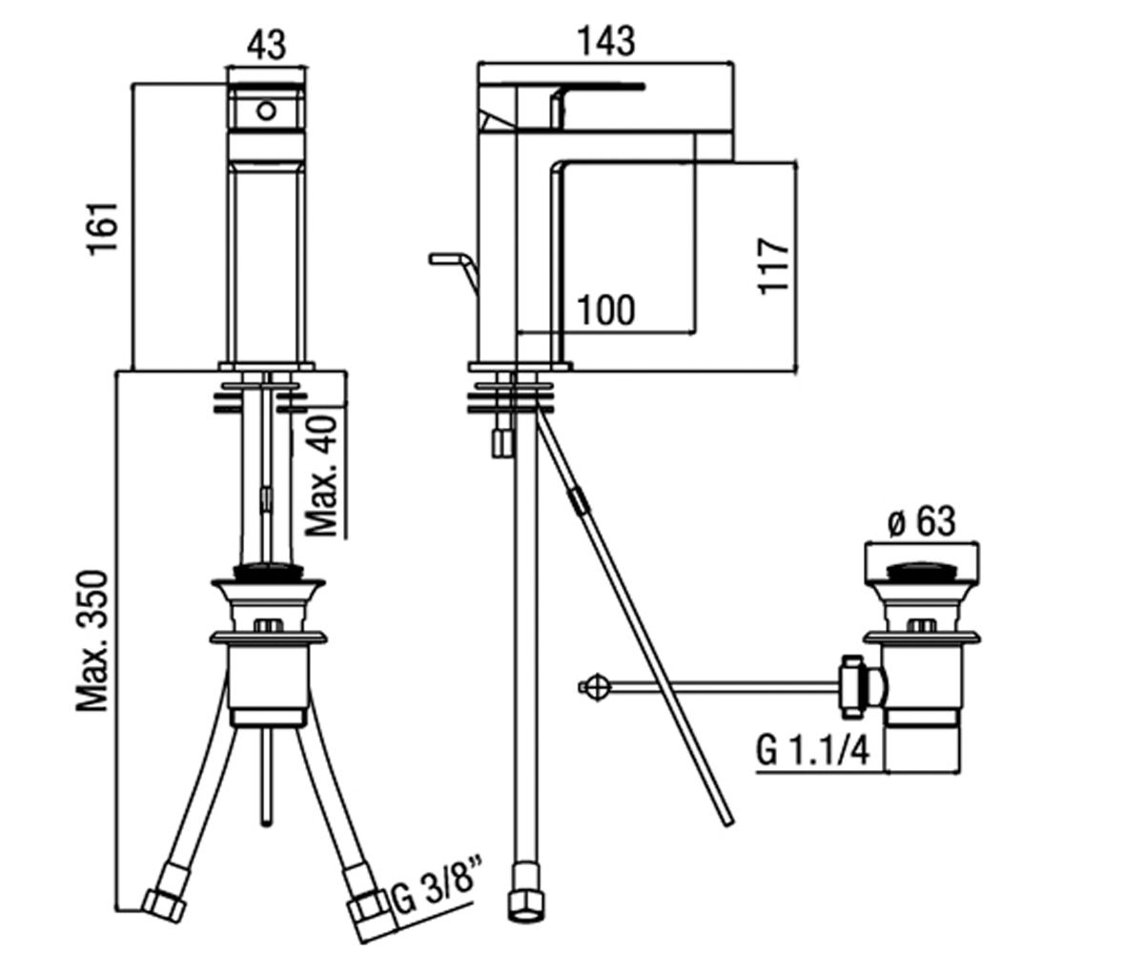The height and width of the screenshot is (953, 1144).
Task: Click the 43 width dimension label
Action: tap(266, 45)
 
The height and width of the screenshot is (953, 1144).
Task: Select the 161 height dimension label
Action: tap(104, 229)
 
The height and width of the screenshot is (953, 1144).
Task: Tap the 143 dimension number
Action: tap(607, 41)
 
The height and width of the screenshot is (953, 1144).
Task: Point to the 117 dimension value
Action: tap(773, 266)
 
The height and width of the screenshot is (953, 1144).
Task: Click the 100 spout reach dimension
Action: tap(606, 310)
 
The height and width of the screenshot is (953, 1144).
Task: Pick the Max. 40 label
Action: tap(321, 476)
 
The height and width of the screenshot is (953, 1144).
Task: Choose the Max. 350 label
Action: tap(92, 641)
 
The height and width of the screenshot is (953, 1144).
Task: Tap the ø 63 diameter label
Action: tap(922, 521)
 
